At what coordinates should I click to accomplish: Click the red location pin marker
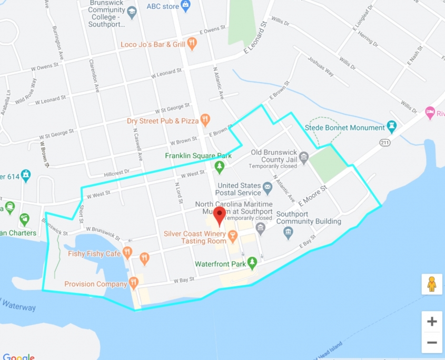click(220, 215)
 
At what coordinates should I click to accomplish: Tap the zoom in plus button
click(432, 321)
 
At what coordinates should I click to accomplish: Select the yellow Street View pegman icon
click(432, 284)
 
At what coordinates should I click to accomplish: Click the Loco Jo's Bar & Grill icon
click(192, 44)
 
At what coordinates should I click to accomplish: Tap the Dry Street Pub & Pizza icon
click(205, 120)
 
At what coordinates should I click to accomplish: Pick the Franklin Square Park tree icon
click(220, 167)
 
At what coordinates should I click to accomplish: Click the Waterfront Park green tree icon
click(252, 263)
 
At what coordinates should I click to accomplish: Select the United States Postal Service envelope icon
click(268, 186)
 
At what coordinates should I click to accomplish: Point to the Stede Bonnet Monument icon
click(391, 127)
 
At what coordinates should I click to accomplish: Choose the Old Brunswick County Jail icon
click(303, 157)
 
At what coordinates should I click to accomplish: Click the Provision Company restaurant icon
click(134, 283)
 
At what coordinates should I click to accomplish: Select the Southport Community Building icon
click(288, 233)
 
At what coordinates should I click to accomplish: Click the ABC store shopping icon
click(185, 6)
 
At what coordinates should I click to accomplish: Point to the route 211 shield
click(385, 143)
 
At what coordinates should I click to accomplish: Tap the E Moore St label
click(313, 195)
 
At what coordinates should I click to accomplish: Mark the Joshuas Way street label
click(321, 67)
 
